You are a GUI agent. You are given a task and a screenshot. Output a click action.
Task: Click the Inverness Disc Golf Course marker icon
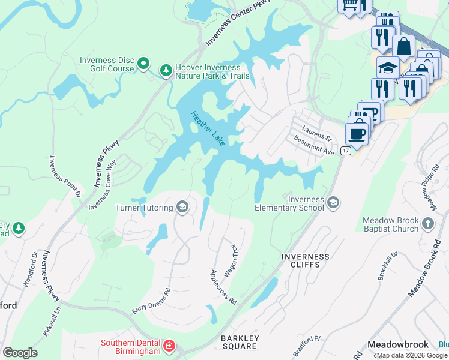coord(143,63)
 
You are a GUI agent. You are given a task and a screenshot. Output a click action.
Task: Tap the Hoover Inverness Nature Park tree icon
coord(166,71)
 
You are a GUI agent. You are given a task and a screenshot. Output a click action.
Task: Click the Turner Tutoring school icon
coord(182,208)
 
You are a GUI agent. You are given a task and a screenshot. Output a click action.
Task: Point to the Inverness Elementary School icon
coord(333,203)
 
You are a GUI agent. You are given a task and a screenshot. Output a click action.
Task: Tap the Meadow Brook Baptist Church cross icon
coord(427,224)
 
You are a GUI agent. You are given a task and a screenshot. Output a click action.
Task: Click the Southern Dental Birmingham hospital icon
coord(169,346)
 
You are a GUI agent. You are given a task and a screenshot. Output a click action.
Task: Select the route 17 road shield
coord(345,151)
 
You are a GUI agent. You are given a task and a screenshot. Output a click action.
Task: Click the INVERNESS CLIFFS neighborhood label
coord(306,261)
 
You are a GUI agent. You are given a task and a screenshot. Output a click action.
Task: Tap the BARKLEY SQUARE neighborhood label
coord(240,343)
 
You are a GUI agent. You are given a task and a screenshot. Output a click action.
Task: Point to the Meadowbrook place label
coord(397,344)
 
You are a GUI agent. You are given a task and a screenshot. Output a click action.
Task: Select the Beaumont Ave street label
coord(313,145)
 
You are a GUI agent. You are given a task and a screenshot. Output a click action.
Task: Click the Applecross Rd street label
coord(223,286)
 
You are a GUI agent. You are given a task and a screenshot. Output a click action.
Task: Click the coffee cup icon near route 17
coord(357,134)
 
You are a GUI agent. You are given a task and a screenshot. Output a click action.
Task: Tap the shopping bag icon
coord(404,46)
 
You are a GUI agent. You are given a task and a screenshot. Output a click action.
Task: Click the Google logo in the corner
coord(20,352)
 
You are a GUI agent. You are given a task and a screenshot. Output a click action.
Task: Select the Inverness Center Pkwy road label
coord(238,23)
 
